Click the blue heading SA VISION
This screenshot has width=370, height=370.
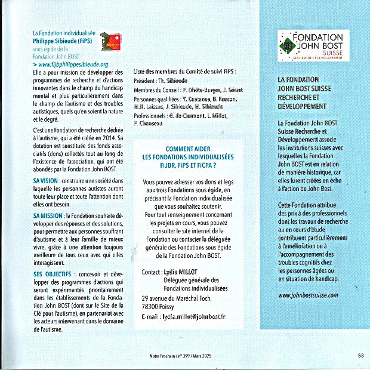45,180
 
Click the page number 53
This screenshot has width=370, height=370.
360,355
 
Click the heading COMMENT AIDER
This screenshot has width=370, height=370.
187,149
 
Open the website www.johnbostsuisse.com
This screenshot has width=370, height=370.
308,295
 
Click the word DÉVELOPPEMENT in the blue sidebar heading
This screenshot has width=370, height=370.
303,106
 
